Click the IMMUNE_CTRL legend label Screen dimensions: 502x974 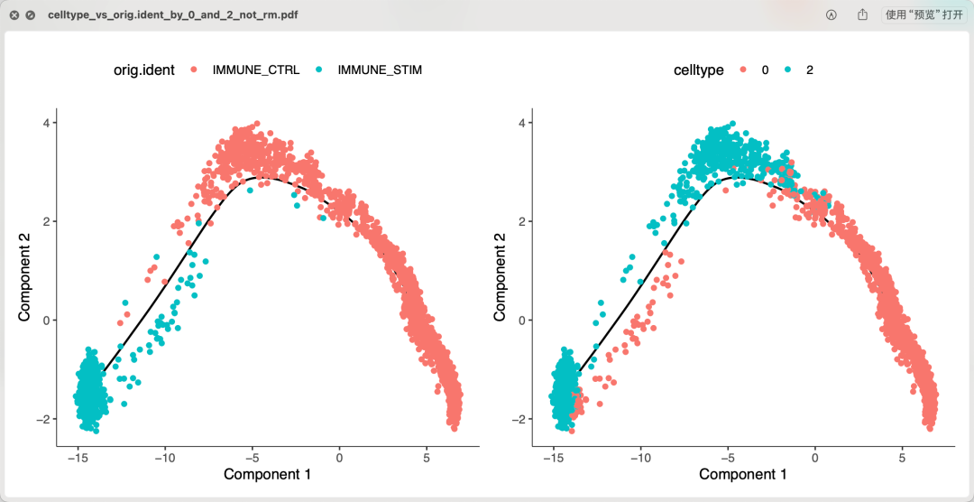point(255,70)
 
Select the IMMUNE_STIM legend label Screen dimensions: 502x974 point(380,70)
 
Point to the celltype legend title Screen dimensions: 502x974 point(698,70)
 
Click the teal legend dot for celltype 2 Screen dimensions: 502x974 point(787,70)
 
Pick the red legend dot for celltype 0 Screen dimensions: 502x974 point(743,70)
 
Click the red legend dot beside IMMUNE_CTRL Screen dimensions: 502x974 point(194,70)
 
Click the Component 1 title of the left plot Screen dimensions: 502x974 point(267,474)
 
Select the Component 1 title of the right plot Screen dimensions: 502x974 point(742,474)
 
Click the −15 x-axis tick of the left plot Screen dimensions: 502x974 point(78,458)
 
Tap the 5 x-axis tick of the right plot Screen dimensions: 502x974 point(903,458)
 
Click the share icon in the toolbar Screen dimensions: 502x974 point(863,15)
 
